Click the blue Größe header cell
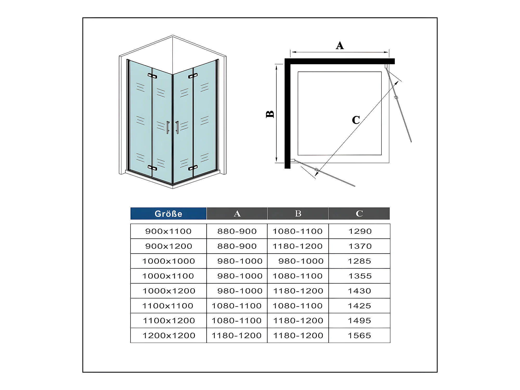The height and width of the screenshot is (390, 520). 168,213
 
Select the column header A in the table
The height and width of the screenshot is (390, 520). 237,213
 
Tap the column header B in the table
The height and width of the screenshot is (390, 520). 298,213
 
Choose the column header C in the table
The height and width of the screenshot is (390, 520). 359,213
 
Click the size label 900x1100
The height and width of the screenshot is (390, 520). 168,231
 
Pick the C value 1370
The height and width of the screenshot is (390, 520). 360,246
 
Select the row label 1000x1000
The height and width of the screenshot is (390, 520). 168,261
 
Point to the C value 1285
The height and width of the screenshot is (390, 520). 360,261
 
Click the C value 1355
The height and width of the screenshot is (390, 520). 360,276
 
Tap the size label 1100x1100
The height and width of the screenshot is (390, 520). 168,306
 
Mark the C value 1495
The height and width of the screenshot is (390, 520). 360,321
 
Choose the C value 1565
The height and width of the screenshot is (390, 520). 360,335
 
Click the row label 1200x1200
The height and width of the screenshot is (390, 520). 169,335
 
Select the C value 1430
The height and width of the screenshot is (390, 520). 360,291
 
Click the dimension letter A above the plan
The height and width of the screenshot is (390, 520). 340,45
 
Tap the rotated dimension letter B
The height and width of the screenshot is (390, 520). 270,114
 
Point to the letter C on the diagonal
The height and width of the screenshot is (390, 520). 356,120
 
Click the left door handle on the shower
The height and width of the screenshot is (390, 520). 168,127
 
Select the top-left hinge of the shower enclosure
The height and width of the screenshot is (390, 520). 152,76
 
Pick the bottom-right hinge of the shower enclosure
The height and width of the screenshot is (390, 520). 193,168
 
